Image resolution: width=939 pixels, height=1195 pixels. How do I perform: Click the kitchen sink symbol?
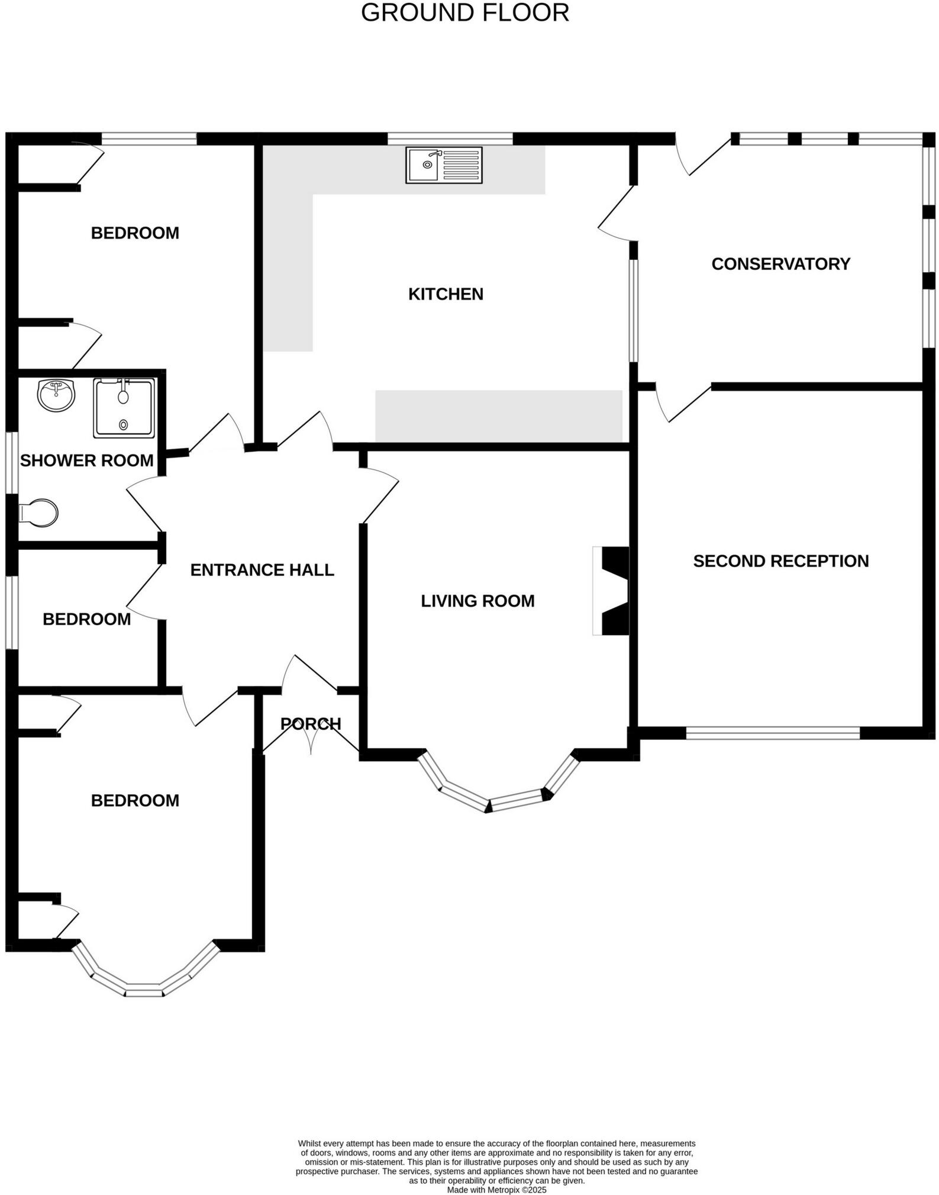[444, 165]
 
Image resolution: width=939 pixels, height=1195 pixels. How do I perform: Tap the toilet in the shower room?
[40, 513]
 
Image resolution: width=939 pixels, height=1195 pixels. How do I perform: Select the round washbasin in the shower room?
[56, 394]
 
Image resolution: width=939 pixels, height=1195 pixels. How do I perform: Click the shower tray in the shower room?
[124, 408]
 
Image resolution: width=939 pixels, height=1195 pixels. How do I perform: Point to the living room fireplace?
[612, 591]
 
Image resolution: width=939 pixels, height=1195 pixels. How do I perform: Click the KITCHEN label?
[446, 294]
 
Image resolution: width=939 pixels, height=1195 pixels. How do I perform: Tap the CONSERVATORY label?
[780, 264]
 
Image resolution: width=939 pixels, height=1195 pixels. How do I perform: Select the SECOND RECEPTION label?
[780, 561]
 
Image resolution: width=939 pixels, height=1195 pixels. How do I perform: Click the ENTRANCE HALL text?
[262, 570]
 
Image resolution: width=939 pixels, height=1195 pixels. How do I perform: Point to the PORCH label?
[311, 724]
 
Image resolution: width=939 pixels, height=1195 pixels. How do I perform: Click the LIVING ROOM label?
[477, 601]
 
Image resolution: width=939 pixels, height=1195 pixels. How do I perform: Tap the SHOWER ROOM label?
[87, 460]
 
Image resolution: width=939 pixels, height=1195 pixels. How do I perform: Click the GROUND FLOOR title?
[465, 13]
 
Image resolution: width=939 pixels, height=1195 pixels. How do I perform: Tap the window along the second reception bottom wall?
[772, 733]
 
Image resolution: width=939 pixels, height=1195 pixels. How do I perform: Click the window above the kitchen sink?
[450, 138]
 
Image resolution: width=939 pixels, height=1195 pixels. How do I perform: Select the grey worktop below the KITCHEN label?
[499, 415]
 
